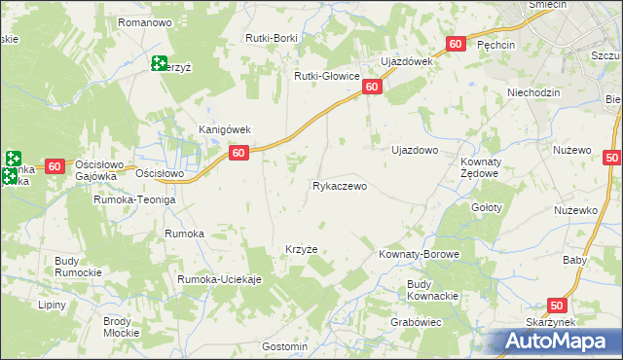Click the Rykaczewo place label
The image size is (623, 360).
pyautogui.click(x=339, y=186)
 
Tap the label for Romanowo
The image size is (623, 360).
pyautogui.click(x=144, y=21)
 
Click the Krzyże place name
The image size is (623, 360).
pyautogui.click(x=302, y=249)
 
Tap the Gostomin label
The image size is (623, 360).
pyautogui.click(x=284, y=346)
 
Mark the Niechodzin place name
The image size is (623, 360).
pyautogui.click(x=533, y=92)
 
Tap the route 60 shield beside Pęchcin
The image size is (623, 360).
pyautogui.click(x=456, y=45)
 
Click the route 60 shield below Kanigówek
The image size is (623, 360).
pyautogui.click(x=239, y=153)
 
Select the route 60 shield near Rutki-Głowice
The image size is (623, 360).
pyautogui.click(x=372, y=88)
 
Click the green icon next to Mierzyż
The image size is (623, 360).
pyautogui.click(x=159, y=63)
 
